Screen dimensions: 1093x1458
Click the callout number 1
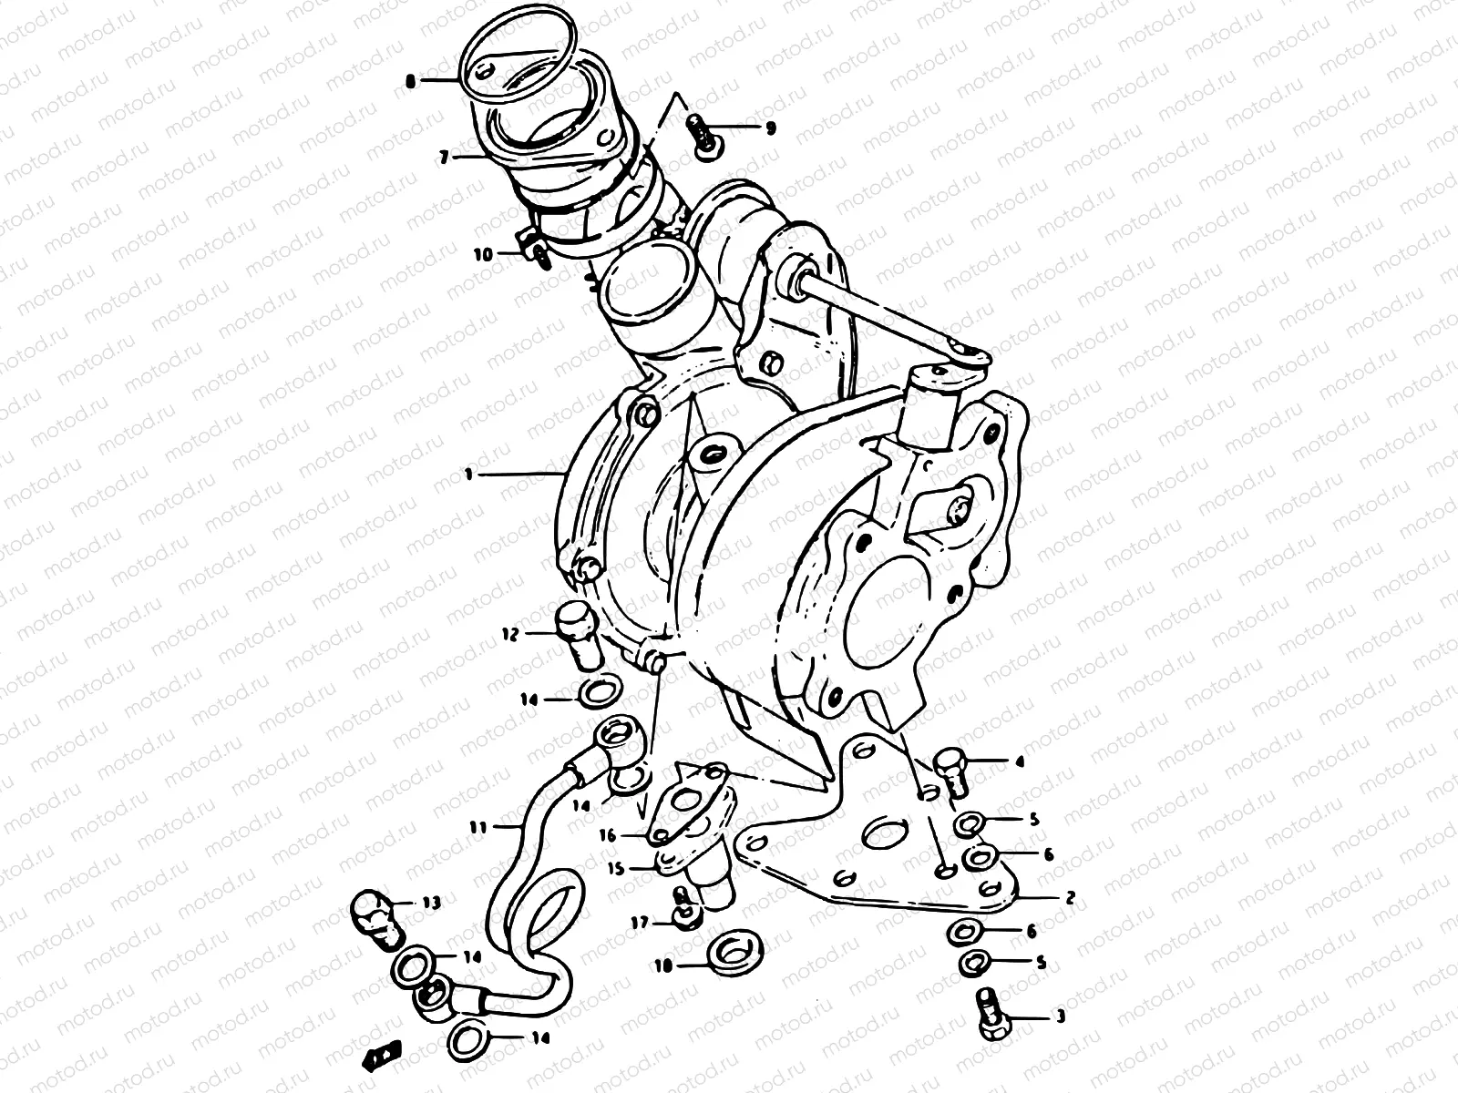[467, 474]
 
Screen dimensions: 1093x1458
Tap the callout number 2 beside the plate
[1070, 897]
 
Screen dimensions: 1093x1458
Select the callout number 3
[1060, 1017]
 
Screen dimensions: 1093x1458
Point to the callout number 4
[1020, 761]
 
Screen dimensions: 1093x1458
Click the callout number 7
[444, 158]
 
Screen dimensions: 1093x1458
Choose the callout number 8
[410, 81]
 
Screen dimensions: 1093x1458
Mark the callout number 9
[771, 128]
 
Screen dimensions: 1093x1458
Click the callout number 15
[616, 868]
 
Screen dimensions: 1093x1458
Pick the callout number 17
[642, 923]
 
